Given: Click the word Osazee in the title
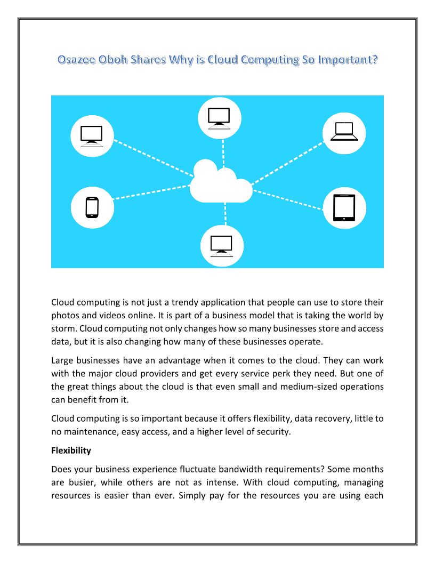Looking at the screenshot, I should pyautogui.click(x=76, y=60).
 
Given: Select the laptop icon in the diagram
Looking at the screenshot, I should pyautogui.click(x=345, y=131).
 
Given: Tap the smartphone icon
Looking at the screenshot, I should pyautogui.click(x=92, y=207).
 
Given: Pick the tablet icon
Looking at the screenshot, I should pyautogui.click(x=344, y=207).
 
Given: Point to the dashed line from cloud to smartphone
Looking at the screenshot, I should pyautogui.click(x=152, y=192).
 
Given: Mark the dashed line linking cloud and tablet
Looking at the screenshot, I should pyautogui.click(x=288, y=198).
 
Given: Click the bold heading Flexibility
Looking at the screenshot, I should pyautogui.click(x=71, y=451).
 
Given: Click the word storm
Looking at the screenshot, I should pyautogui.click(x=63, y=328).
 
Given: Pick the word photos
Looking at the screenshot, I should pyautogui.click(x=65, y=316).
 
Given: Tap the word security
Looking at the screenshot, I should pyautogui.click(x=273, y=432).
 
